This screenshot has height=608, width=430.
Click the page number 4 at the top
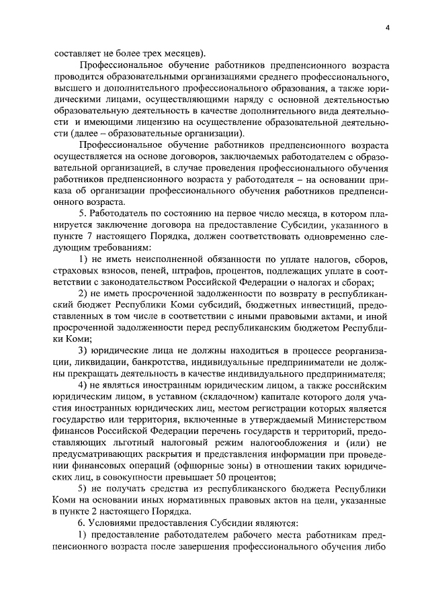coord(388,28)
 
